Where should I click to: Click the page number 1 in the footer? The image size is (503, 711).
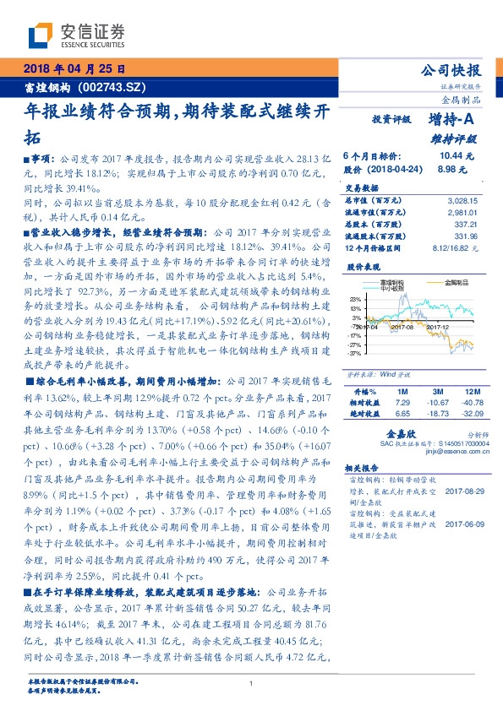251,685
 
